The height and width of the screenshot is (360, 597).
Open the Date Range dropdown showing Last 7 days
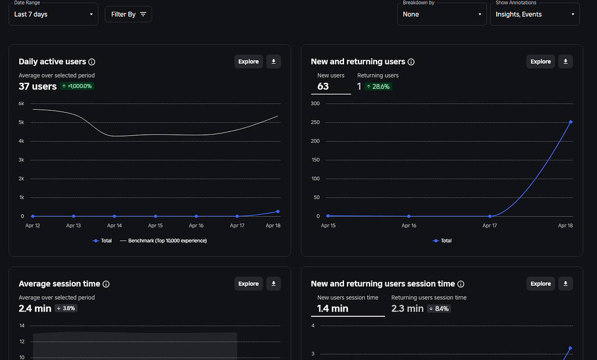53,14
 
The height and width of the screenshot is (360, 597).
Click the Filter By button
128,14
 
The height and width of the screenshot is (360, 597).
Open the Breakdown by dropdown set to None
441,14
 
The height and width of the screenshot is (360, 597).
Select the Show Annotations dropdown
534,14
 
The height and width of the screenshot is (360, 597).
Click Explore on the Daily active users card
248,61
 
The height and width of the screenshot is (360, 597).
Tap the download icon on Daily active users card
273,61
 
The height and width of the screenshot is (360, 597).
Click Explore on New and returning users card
540,61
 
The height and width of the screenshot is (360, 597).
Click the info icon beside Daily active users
92,62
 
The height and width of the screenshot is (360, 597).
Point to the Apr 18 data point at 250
570,122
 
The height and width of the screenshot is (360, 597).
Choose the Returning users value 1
359,86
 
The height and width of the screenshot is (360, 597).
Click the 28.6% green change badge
378,86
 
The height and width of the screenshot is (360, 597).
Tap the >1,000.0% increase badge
77,86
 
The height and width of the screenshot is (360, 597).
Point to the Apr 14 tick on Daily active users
114,225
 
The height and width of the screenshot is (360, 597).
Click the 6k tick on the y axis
21,103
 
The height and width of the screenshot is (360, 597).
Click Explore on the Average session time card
248,284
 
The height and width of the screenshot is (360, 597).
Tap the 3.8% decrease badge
66,308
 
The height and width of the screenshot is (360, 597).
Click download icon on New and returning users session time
565,284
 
